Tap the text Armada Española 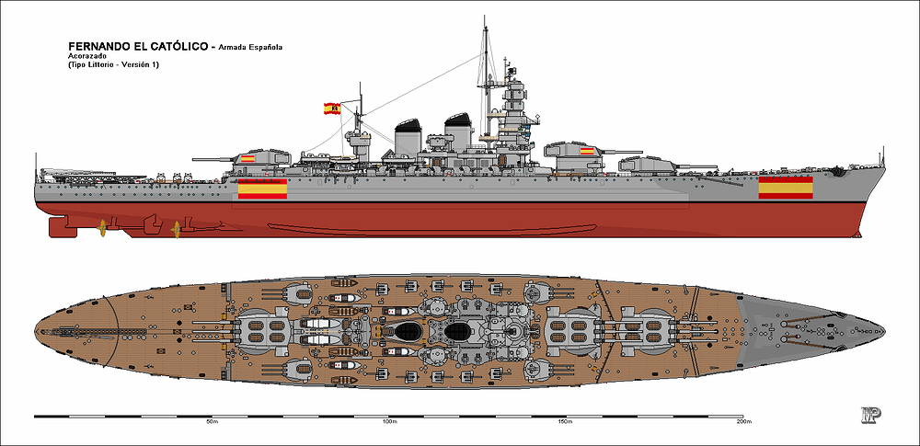250,48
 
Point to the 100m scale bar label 388,422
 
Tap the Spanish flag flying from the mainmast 332,108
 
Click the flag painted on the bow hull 786,188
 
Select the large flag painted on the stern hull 263,189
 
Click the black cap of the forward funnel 458,120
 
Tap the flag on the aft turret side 247,158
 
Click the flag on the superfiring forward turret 587,152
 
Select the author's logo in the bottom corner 871,414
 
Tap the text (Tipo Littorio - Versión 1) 113,64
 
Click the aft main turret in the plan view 263,331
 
